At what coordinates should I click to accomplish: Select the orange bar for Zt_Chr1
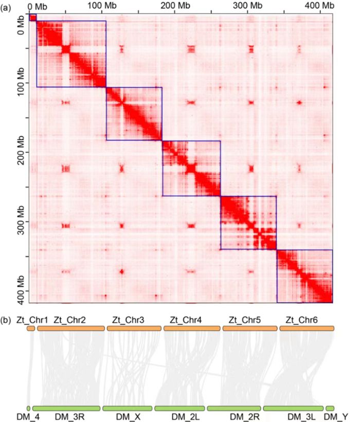(x=31, y=327)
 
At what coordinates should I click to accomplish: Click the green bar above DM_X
(x=127, y=408)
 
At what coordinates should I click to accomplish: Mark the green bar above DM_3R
(x=66, y=408)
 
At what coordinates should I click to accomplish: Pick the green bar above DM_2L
(x=180, y=408)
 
